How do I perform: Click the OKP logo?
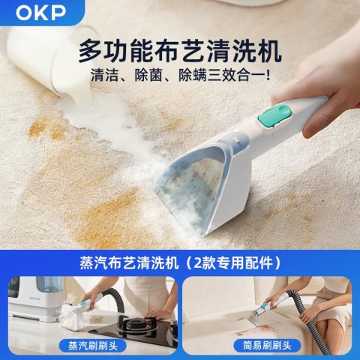(x=40, y=12)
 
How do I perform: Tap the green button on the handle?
(x=275, y=115)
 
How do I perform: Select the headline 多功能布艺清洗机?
(x=180, y=52)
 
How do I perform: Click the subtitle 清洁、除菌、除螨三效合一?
(x=181, y=75)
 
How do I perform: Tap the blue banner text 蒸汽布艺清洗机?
(x=129, y=263)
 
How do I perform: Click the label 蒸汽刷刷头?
(x=93, y=346)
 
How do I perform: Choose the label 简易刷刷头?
(x=267, y=346)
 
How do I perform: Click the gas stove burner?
(x=140, y=324)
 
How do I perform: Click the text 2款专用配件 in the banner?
(x=233, y=263)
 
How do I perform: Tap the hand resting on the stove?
(x=156, y=314)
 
